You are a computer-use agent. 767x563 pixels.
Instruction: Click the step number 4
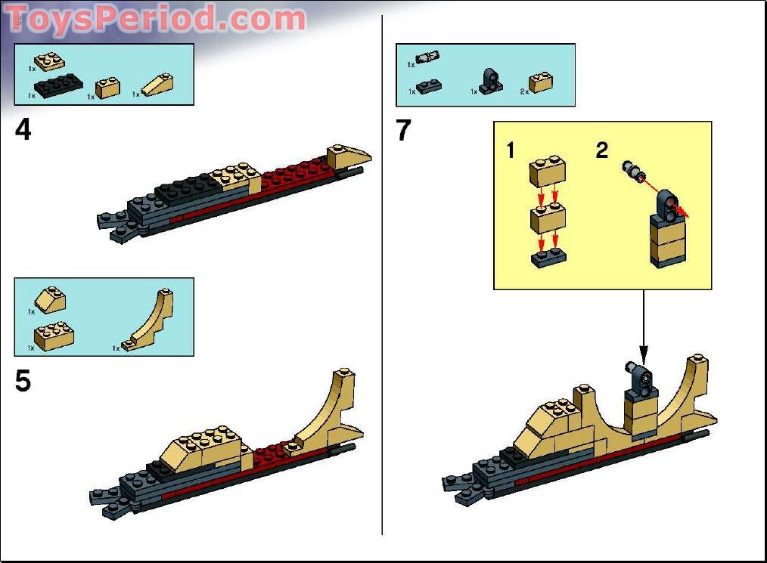click(23, 130)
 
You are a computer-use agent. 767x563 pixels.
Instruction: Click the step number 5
click(23, 382)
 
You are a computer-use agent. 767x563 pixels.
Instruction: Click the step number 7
click(404, 131)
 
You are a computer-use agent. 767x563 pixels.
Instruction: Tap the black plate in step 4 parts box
click(58, 86)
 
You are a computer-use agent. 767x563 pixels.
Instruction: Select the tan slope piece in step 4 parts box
click(157, 84)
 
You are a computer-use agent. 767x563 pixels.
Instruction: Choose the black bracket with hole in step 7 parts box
click(491, 81)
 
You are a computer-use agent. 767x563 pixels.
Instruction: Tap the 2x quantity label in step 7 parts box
click(524, 91)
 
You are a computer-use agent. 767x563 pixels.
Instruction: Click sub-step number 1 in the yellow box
click(511, 150)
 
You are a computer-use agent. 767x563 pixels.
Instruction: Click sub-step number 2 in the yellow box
click(601, 150)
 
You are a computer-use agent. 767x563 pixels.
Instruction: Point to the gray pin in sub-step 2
click(632, 169)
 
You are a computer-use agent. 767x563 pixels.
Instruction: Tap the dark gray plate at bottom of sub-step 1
click(548, 258)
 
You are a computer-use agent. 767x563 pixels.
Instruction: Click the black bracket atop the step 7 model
click(638, 379)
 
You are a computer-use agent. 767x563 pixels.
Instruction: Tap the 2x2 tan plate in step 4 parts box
click(48, 60)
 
